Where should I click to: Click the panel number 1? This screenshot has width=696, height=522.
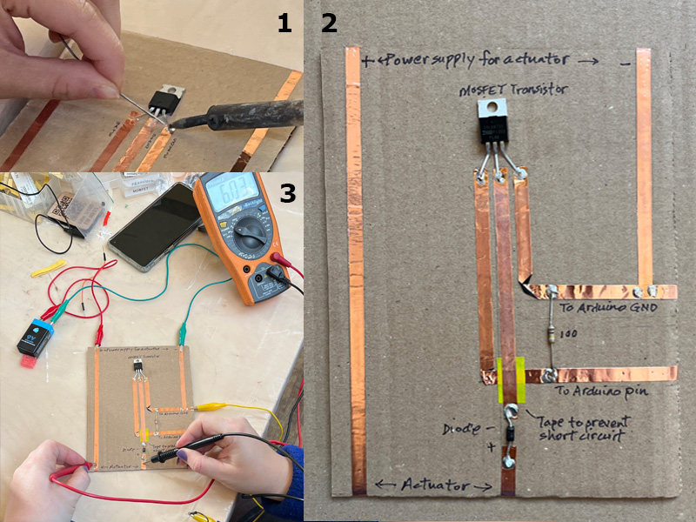(284, 23)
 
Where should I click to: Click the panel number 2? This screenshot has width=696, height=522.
(329, 23)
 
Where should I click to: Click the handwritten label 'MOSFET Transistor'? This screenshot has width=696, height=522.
(518, 89)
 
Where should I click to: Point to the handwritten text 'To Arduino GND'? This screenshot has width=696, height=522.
(608, 309)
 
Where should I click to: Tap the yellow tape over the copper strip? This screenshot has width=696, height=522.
(510, 381)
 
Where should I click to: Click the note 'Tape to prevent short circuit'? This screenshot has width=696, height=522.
(581, 427)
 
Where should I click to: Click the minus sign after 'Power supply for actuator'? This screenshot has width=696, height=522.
(625, 63)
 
